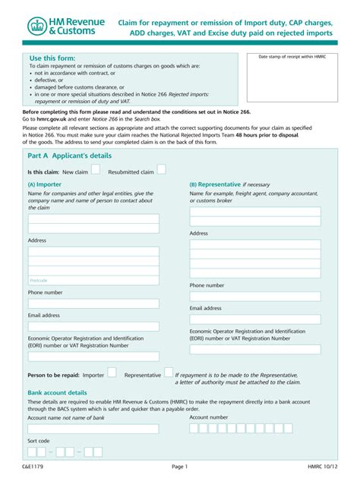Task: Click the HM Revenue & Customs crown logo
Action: coord(37,27)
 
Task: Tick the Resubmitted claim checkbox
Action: coord(160,171)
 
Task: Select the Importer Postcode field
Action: coord(93,279)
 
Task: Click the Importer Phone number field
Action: coord(93,303)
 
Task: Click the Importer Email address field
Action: coord(93,326)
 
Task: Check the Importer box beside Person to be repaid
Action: coord(112,373)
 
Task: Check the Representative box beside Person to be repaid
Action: coord(168,373)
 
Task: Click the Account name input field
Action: coord(93,429)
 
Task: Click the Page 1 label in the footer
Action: coord(179,466)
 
